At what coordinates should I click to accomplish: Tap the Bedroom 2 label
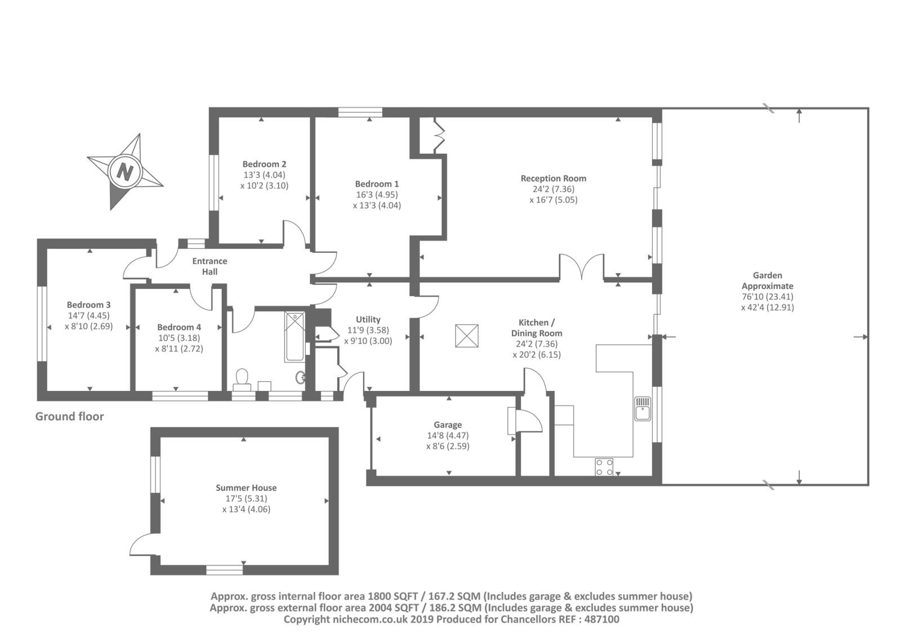pos(264,164)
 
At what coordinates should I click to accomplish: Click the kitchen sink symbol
pos(643,408)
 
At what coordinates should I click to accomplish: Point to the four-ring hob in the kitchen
pos(604,467)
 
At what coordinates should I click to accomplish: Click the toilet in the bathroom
pos(242,377)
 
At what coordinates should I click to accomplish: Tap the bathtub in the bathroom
pos(295,337)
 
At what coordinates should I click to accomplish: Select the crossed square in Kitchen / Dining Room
pos(466,336)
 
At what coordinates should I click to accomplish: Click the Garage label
pos(448,425)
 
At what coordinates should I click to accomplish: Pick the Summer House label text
pos(246,488)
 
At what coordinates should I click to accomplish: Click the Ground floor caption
pos(69,416)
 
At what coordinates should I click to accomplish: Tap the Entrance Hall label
pos(209,266)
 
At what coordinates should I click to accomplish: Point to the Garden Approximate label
pos(767,280)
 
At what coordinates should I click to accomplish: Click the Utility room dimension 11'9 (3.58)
pos(368,330)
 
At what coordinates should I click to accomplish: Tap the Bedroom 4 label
pos(179,327)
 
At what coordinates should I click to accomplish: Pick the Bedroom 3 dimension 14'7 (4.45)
pos(88,315)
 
